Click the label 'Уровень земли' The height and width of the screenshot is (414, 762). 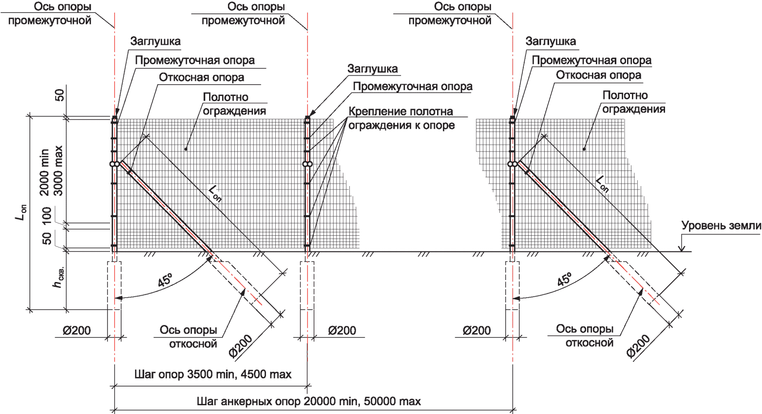721,226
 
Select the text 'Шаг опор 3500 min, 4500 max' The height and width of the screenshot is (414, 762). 213,374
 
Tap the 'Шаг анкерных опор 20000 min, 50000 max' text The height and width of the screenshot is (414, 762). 308,401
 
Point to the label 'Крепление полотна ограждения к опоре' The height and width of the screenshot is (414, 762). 401,118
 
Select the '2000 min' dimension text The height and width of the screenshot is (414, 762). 44,172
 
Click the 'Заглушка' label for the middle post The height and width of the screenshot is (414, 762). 373,69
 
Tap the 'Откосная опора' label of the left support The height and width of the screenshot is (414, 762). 201,77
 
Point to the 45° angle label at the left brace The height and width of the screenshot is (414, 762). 165,281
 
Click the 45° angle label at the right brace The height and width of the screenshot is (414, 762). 564,280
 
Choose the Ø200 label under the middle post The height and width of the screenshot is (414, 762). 342,330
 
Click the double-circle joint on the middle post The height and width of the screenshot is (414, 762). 307,164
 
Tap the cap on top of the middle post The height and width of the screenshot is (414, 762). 307,119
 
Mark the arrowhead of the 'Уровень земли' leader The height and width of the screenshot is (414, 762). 682,249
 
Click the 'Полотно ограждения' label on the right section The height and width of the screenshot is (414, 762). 633,102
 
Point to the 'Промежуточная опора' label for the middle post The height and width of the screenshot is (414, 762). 413,86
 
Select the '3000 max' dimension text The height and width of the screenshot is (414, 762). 58,171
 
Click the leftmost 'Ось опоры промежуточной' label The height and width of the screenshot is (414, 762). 50,14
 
